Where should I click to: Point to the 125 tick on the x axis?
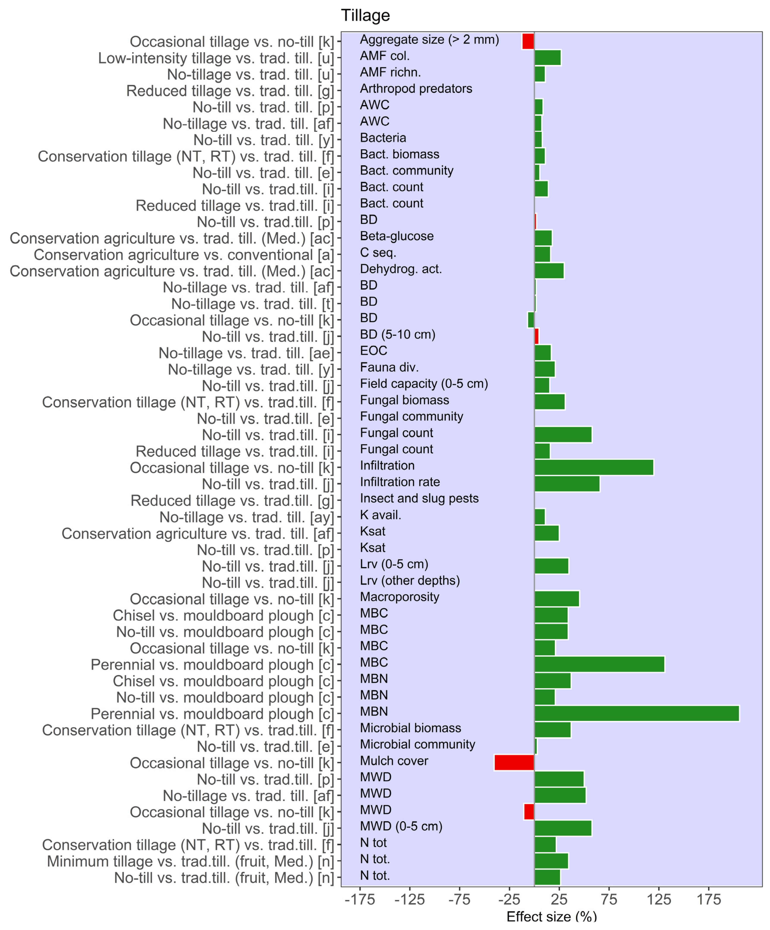(x=659, y=899)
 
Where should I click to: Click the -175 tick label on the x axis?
(x=360, y=899)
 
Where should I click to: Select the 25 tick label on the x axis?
(x=559, y=899)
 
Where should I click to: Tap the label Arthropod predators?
(x=416, y=88)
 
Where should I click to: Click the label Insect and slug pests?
(x=419, y=498)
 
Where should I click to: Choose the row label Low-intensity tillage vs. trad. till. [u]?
(x=216, y=58)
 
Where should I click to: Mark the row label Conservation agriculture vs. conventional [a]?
(x=184, y=255)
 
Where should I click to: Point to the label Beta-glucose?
(x=396, y=236)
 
